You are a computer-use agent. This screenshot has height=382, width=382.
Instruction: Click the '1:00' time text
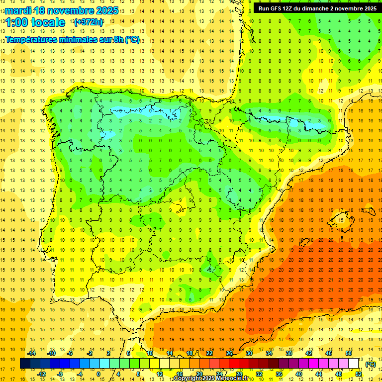tap(17, 22)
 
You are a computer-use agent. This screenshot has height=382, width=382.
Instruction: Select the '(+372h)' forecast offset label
tap(89, 22)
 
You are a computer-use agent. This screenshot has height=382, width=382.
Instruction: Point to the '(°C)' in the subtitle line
tap(132, 40)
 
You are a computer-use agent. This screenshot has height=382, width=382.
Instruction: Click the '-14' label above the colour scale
tap(31, 353)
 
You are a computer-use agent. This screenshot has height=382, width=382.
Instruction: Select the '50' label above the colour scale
tap(349, 353)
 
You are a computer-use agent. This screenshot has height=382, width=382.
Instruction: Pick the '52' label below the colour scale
tap(359, 374)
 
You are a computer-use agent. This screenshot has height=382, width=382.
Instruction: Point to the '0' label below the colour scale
tap(99, 374)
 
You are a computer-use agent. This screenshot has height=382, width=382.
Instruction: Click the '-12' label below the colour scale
tap(41, 374)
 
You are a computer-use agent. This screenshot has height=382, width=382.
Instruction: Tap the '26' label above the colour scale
tap(229, 353)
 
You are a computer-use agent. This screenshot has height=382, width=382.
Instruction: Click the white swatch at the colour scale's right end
tap(354, 364)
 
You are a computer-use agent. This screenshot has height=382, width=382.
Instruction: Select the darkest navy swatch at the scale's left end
tap(25, 364)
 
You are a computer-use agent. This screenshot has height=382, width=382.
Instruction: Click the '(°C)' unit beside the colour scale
tap(370, 364)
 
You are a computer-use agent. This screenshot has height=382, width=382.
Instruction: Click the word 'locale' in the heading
tap(48, 22)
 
